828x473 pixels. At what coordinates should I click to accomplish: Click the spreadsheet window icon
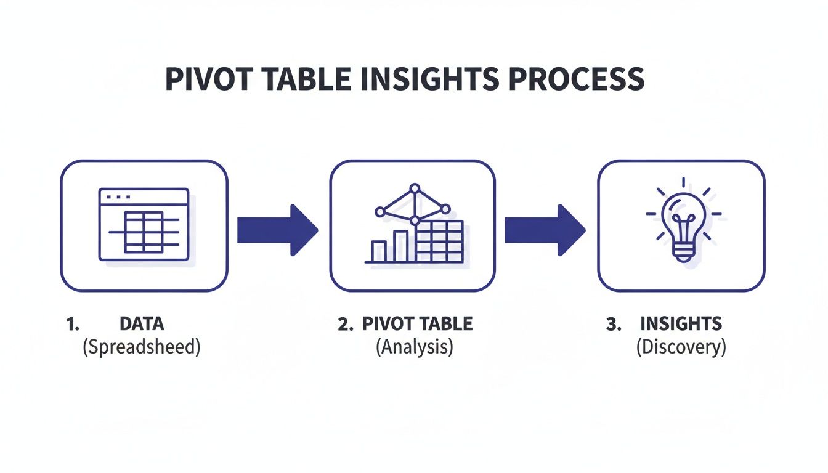(144, 225)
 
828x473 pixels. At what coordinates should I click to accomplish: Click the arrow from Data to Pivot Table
(277, 230)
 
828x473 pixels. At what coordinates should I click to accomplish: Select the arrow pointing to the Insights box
(545, 230)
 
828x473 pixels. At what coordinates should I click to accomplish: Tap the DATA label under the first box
(142, 324)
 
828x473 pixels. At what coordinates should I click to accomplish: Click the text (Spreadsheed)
(142, 347)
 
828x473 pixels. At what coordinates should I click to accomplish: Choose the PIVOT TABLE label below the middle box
(417, 324)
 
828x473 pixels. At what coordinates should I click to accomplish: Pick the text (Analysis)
(414, 347)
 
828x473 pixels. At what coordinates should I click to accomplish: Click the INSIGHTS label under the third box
(681, 324)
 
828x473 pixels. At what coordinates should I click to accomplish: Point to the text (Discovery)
(681, 347)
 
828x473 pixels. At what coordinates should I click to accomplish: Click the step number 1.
(72, 325)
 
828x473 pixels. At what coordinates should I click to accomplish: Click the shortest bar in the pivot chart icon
(379, 251)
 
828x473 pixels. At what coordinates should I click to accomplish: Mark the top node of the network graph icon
(415, 188)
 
